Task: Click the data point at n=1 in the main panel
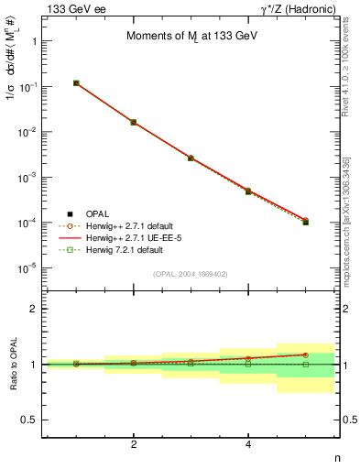point(76,83)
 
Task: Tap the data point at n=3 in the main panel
point(191,158)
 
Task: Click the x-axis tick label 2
point(134,444)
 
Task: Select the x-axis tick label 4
point(248,444)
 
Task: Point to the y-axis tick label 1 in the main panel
point(33,41)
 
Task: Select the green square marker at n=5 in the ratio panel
point(306,364)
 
